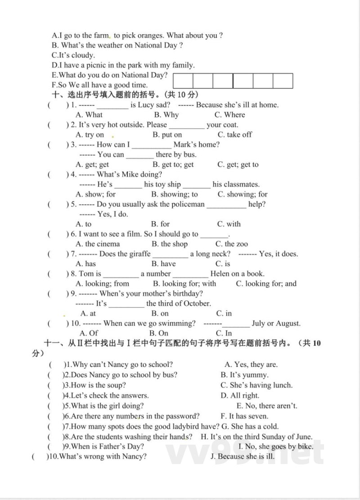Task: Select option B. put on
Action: [x=167, y=134]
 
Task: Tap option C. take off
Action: [x=234, y=134]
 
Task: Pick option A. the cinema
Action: [x=98, y=244]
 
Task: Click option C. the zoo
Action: [x=231, y=244]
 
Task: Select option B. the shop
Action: [x=169, y=244]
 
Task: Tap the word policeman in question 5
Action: [x=187, y=204]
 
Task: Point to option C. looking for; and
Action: [x=266, y=283]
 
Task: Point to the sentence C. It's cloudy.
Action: [x=73, y=55]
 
